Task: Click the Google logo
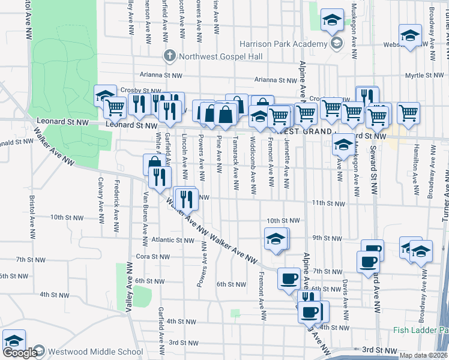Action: point(20,353)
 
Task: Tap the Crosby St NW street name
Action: point(139,90)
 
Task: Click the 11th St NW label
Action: point(328,204)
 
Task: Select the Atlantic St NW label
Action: point(173,240)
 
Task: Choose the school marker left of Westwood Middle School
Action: point(13,341)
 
